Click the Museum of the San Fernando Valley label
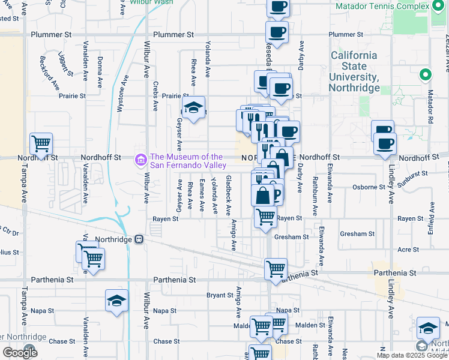pyautogui.click(x=187, y=161)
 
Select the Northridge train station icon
pyautogui.click(x=139, y=239)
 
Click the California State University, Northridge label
pyautogui.click(x=355, y=71)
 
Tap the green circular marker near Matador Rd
pyautogui.click(x=425, y=75)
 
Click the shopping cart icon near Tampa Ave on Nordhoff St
pyautogui.click(x=41, y=145)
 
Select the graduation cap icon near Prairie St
pyautogui.click(x=194, y=108)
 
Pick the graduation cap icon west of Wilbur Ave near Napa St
pyautogui.click(x=116, y=302)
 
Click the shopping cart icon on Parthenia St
pyautogui.click(x=276, y=269)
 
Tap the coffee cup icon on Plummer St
pyautogui.click(x=277, y=32)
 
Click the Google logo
pyautogui.click(x=20, y=353)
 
